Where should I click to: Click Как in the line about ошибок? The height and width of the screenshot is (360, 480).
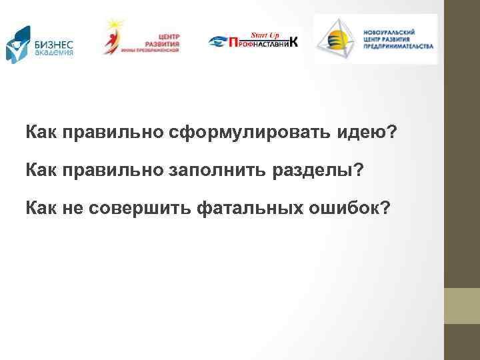tap(42, 209)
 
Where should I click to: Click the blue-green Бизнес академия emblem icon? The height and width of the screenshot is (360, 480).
tap(17, 44)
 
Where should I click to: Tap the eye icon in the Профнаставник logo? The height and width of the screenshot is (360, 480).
tap(217, 43)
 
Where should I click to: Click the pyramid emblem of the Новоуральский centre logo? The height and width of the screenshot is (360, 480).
tap(337, 39)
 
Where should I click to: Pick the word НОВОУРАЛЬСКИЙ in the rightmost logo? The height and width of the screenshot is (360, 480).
tap(398, 31)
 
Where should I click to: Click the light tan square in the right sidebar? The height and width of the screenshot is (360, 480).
tap(462, 306)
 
